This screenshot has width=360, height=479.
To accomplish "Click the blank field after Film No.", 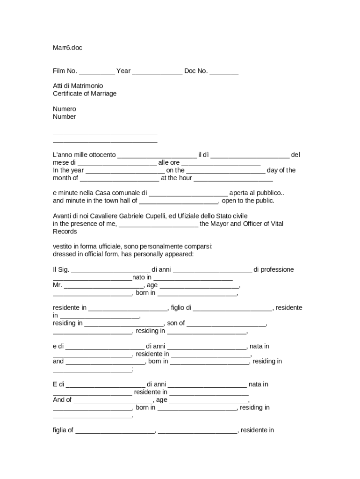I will (x=97, y=72).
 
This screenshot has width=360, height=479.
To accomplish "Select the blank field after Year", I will (x=157, y=72).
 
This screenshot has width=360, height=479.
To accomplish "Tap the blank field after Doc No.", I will (x=224, y=72).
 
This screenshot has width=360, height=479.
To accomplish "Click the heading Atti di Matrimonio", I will (x=78, y=86).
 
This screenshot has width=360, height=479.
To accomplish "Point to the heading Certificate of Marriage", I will (x=85, y=94).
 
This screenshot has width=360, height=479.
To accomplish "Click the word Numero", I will (x=65, y=109).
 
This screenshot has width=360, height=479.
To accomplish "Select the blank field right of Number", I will (x=117, y=117).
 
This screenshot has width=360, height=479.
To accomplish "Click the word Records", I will (x=65, y=232).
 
